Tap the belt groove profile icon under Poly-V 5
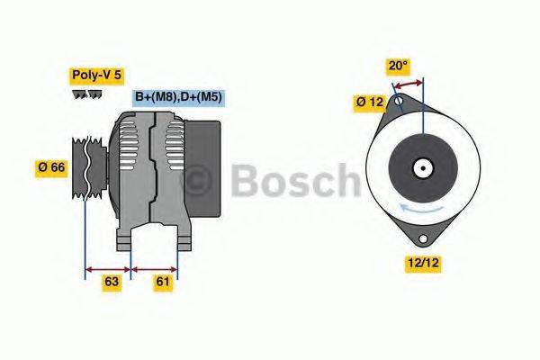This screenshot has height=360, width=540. pos(87,94)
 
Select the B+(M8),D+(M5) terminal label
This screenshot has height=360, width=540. pos(178,97)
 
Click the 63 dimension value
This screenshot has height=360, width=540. pos(112,282)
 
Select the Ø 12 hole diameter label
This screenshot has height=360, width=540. pos(369,103)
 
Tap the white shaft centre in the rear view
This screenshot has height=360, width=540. pos(421,167)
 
